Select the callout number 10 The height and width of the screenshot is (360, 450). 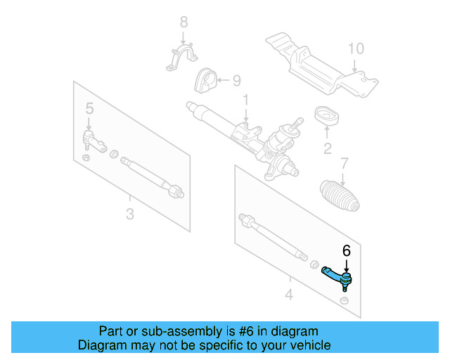(x=356, y=49)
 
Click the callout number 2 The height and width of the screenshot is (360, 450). (x=327, y=148)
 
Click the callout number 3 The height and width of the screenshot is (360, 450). (x=129, y=214)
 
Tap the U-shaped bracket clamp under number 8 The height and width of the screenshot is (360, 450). (x=180, y=58)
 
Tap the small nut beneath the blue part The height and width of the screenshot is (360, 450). (x=344, y=302)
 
